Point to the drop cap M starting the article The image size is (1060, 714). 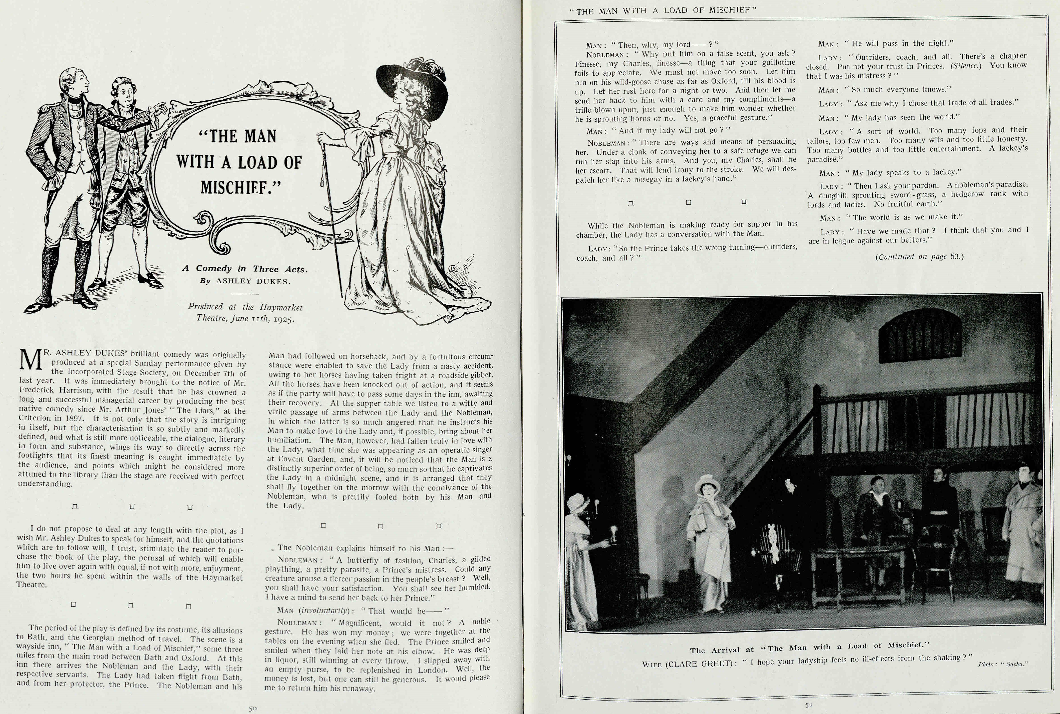pyautogui.click(x=30, y=360)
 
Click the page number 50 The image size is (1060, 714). pyautogui.click(x=253, y=708)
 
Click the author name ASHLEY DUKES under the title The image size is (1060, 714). pyautogui.click(x=253, y=282)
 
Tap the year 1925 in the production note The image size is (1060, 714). pyautogui.click(x=284, y=319)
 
